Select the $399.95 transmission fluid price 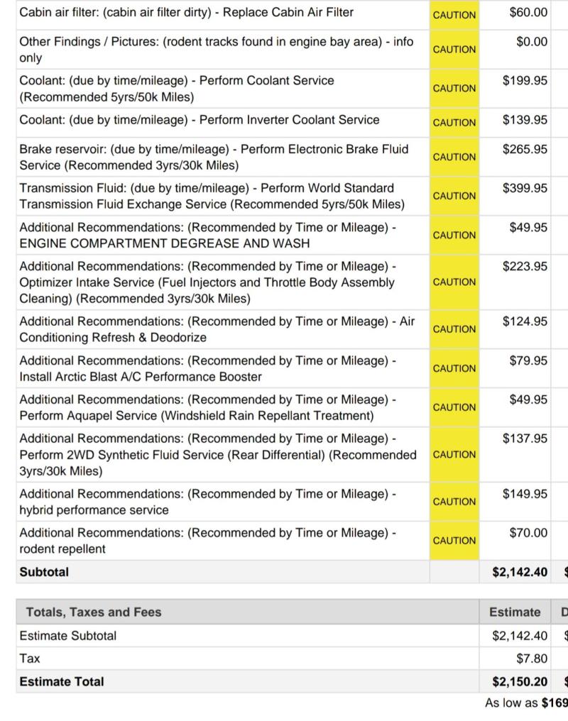(525, 188)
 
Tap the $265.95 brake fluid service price (525, 149)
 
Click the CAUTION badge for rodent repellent (454, 541)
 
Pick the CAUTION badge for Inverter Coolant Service (454, 123)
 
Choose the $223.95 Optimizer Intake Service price (525, 267)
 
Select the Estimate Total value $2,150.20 (520, 682)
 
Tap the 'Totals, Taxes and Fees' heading (94, 612)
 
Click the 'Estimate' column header (515, 612)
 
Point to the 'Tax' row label (30, 659)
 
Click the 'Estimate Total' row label (62, 682)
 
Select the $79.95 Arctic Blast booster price (528, 361)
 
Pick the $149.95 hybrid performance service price (525, 494)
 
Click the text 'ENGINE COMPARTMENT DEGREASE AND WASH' (165, 243)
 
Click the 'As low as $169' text (526, 703)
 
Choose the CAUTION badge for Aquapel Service (454, 407)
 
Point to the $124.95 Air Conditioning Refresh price (525, 321)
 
